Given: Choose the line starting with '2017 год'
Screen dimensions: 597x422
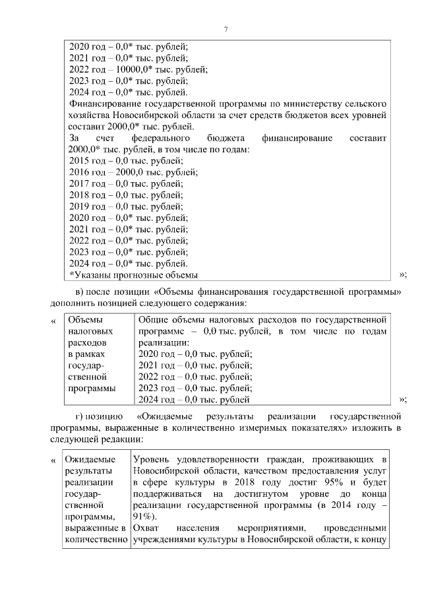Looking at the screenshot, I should click(125, 183).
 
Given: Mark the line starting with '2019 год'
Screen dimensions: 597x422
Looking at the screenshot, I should click(125, 206).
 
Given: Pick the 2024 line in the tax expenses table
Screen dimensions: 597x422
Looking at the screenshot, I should click(193, 400).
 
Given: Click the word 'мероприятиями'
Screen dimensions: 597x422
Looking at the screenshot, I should click(268, 528).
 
